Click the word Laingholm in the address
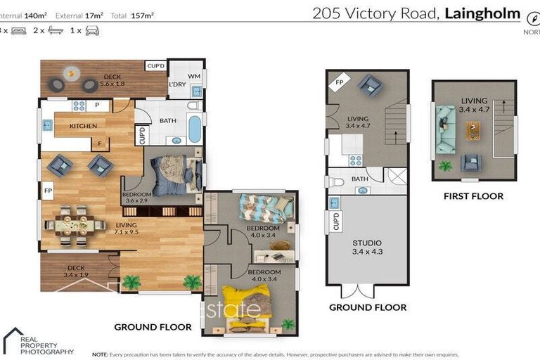(482, 13)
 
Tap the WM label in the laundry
(194, 76)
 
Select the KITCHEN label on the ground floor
(83, 126)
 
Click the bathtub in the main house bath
(193, 129)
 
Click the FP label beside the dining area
(48, 191)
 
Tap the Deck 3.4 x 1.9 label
(76, 270)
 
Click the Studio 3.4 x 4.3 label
(367, 247)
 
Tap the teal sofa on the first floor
(444, 129)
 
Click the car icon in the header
(91, 31)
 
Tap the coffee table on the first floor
(472, 130)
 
